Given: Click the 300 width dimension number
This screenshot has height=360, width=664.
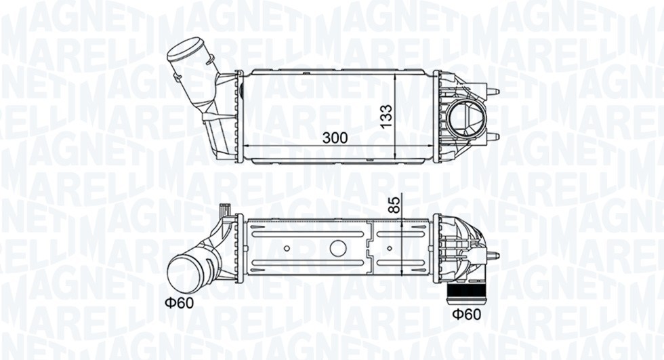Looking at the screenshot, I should tap(335, 137).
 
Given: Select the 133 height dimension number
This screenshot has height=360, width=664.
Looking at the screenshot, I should tap(386, 115).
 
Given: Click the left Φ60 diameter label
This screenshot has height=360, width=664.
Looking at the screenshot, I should tap(178, 302).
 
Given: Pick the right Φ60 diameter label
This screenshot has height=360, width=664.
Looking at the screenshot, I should tap(466, 314).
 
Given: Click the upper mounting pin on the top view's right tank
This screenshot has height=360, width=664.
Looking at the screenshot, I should tap(493, 91).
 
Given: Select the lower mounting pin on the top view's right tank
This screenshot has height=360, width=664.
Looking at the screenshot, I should tap(493, 137).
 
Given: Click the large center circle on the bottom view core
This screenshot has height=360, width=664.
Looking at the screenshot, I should tap(337, 247).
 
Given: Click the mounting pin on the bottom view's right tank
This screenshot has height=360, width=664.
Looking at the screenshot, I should tap(493, 256).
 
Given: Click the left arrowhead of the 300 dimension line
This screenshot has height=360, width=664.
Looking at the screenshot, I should tap(245, 146).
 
